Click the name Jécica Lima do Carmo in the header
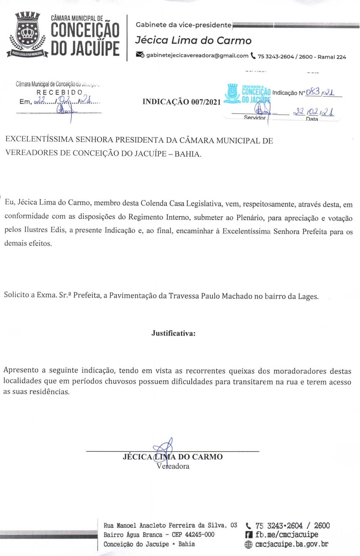[193, 40]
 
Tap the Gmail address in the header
[197, 56]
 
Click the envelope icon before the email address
[140, 55]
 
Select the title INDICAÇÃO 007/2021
[181, 102]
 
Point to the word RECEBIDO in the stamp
[59, 92]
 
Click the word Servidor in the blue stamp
[255, 118]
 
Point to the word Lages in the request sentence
[308, 297]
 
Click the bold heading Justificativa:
[173, 333]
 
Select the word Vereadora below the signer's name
[173, 466]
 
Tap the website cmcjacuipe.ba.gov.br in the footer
[292, 544]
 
